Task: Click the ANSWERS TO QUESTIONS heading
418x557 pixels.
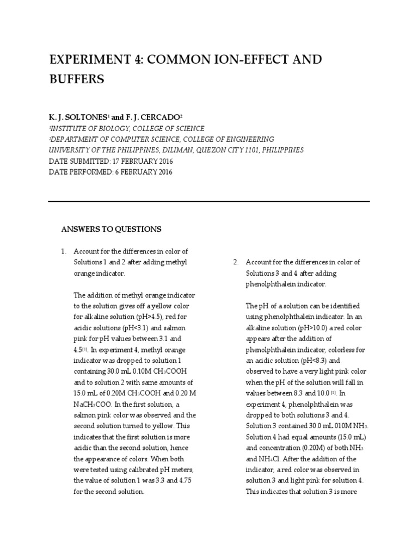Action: click(111, 230)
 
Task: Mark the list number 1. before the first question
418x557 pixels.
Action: click(64, 251)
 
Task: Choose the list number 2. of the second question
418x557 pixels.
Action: click(236, 262)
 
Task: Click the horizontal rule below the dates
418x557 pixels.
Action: click(209, 201)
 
